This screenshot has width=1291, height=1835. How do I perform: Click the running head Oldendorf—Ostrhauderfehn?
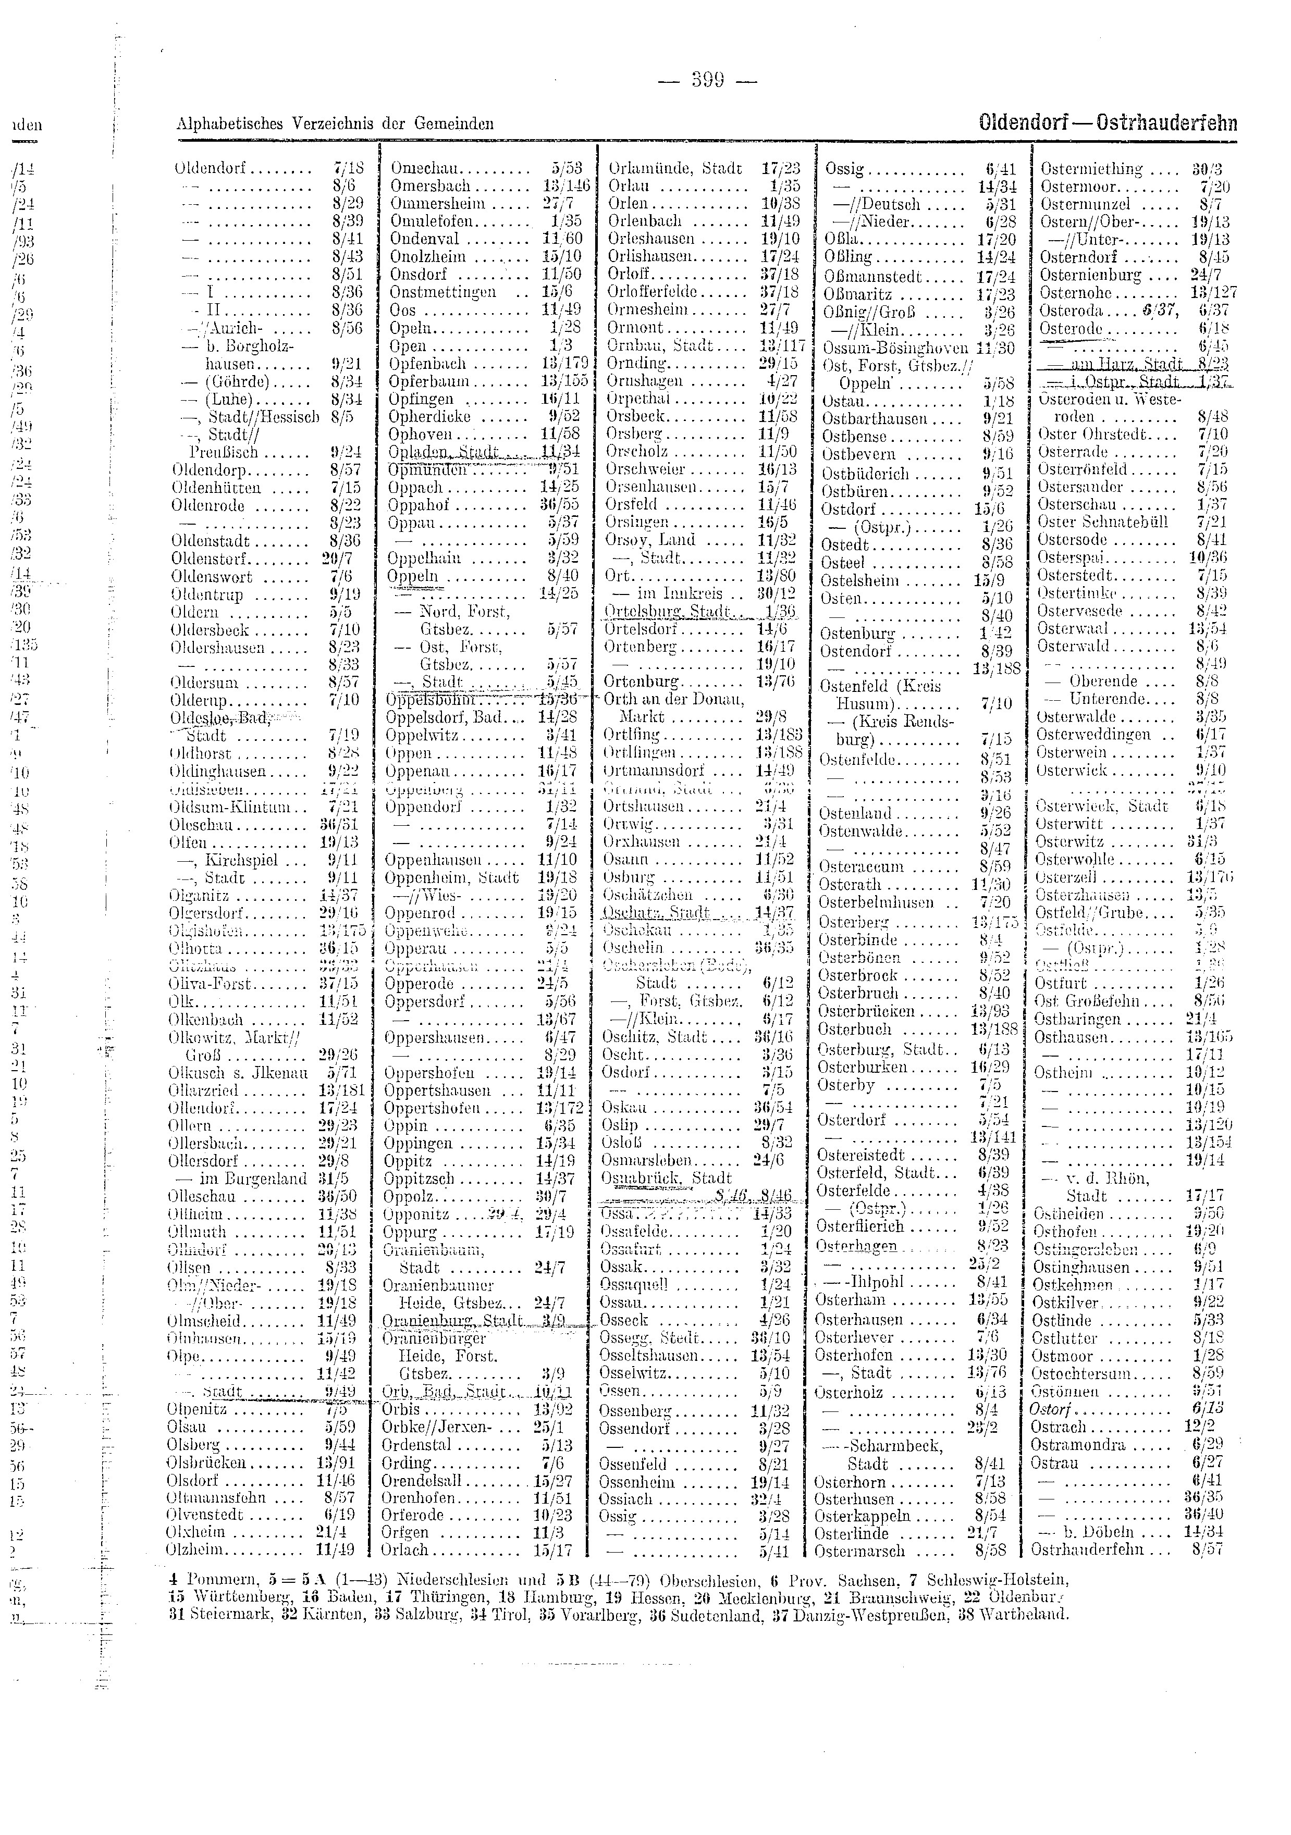click(x=1107, y=124)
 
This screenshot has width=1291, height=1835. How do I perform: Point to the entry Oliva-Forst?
click(x=210, y=984)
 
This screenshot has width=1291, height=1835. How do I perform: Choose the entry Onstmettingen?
click(x=443, y=292)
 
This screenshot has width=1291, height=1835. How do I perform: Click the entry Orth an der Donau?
click(x=674, y=699)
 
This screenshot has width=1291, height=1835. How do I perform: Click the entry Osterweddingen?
click(x=1093, y=735)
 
